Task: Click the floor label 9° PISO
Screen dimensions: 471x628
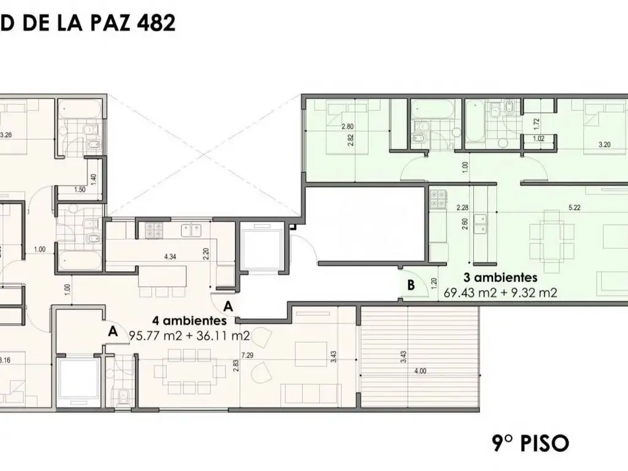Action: tap(530, 442)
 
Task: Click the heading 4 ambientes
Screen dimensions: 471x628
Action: tap(190, 320)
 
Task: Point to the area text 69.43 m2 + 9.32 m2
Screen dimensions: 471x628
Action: tap(500, 293)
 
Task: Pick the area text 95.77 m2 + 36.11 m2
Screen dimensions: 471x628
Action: tap(189, 335)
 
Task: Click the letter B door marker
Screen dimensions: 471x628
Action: tap(411, 285)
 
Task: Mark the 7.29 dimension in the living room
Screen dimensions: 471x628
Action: tap(248, 355)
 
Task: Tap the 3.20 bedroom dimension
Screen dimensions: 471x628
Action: tap(605, 146)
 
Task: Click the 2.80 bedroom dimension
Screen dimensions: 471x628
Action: tap(348, 127)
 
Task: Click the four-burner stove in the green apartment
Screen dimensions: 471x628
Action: tap(438, 197)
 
